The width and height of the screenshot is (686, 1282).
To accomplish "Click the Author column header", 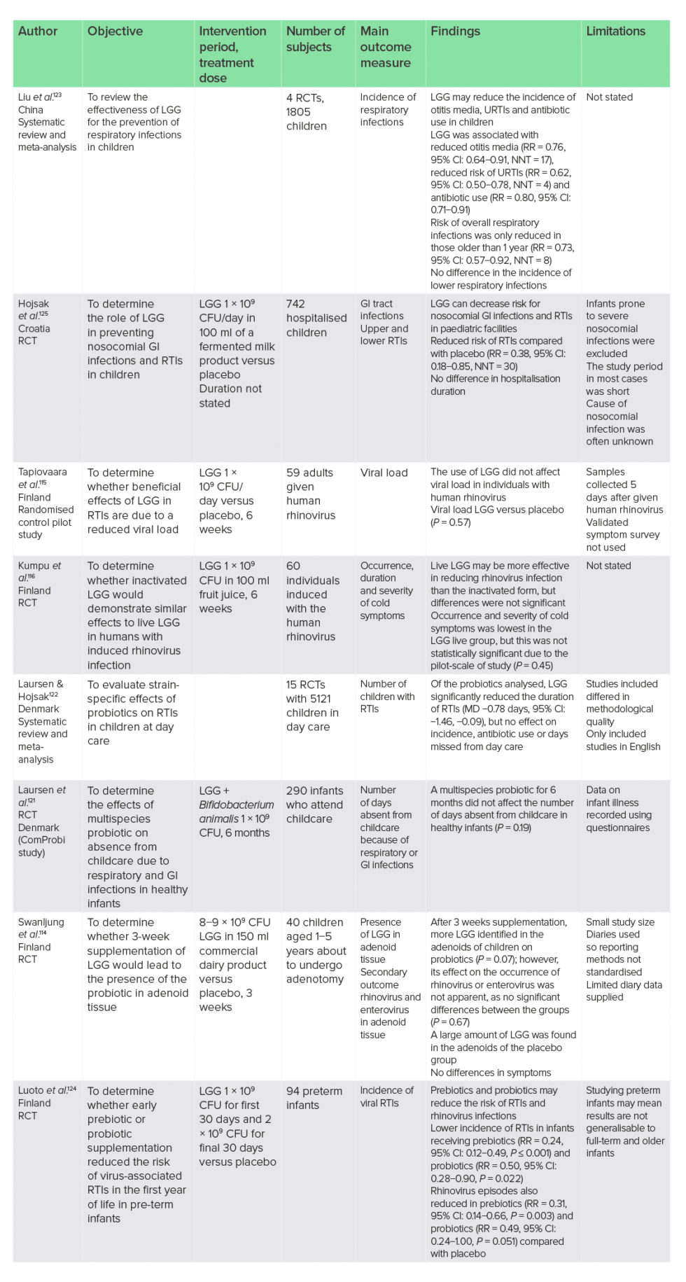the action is click(x=38, y=32).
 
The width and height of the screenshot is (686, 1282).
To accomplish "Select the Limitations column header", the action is click(x=615, y=32).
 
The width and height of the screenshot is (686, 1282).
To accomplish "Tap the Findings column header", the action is click(x=455, y=32).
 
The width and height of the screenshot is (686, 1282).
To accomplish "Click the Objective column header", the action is click(x=115, y=32).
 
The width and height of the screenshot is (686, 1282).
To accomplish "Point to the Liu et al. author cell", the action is click(x=46, y=122).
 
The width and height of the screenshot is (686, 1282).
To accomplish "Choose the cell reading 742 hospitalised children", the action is click(x=316, y=318).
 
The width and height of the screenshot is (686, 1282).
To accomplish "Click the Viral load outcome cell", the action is click(x=384, y=473).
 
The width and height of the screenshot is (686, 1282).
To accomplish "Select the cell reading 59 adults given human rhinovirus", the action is click(x=310, y=494).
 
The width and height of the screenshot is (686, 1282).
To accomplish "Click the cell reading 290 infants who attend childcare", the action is click(x=314, y=804).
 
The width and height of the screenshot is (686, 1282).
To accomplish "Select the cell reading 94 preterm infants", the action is click(x=314, y=1098).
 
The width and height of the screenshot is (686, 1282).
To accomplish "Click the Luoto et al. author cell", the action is click(x=46, y=1103).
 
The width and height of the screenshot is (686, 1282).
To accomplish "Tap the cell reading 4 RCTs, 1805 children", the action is click(x=306, y=112).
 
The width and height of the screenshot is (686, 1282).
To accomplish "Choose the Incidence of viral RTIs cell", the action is click(x=386, y=1096).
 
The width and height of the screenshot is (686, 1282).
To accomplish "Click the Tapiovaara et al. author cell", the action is click(x=45, y=503).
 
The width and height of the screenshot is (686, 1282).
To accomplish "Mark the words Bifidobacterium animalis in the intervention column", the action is click(x=236, y=811).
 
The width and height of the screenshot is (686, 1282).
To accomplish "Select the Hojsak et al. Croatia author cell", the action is click(x=34, y=322).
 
